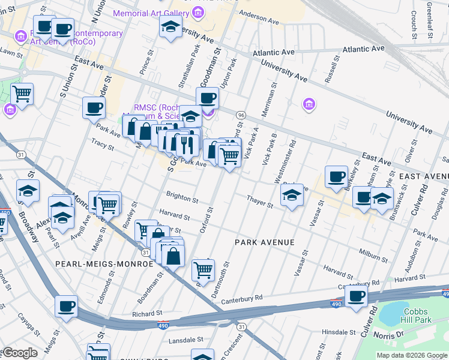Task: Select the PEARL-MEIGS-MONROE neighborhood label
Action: click(96, 263)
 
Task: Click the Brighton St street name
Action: click(183, 198)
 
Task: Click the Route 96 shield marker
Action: click(241, 114)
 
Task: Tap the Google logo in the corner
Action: click(19, 353)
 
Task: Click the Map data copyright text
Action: click(412, 355)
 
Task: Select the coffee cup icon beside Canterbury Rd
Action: click(357, 295)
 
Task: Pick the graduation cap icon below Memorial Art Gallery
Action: click(171, 26)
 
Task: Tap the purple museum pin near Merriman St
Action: click(309, 105)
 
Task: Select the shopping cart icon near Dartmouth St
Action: click(203, 270)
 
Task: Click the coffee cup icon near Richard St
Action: click(66, 305)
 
